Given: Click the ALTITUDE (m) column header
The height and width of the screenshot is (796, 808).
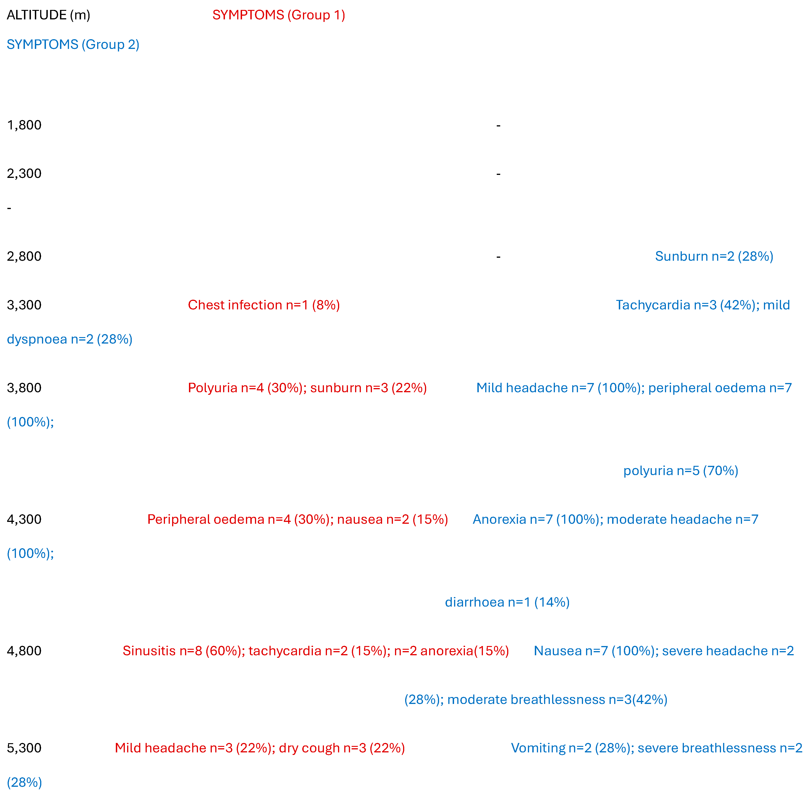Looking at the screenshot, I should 48,15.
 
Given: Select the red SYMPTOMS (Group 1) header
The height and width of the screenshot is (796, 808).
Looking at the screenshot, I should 278,15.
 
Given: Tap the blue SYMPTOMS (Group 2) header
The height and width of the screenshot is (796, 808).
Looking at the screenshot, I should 73,44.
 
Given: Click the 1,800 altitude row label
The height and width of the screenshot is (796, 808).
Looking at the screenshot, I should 24,125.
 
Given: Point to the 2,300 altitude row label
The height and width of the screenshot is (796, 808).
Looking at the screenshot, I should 24,174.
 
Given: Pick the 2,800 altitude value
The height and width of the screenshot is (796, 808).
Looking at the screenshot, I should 24,256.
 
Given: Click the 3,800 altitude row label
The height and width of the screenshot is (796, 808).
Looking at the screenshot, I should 24,388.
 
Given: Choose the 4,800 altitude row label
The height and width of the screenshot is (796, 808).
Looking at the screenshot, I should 24,651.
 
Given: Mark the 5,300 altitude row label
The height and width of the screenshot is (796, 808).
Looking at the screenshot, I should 24,748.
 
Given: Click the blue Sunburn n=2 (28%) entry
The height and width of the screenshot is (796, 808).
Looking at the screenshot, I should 714,256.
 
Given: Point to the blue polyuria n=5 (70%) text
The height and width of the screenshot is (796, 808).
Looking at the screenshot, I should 680,471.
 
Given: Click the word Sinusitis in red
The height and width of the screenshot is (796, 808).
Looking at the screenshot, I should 149,651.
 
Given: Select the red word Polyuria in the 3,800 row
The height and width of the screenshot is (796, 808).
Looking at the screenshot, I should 212,388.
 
